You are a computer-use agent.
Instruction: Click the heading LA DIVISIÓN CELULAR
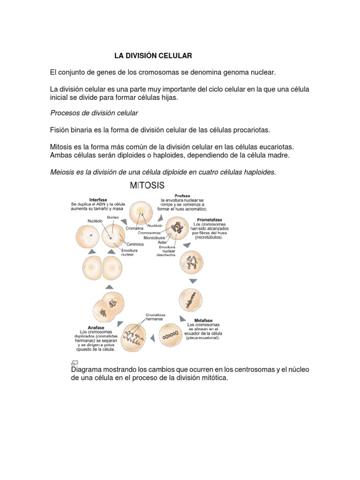pyautogui.click(x=153, y=56)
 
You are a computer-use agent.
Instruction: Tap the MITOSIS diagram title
pyautogui.click(x=147, y=186)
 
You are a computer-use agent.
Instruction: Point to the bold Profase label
pyautogui.click(x=182, y=196)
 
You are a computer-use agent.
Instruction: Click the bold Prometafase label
pyautogui.click(x=210, y=219)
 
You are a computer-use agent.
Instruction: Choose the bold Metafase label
pyautogui.click(x=203, y=320)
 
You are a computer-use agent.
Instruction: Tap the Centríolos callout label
pyautogui.click(x=135, y=244)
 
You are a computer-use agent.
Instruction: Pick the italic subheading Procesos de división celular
pyautogui.click(x=94, y=113)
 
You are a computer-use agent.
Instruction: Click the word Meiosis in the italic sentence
pyautogui.click(x=62, y=172)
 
